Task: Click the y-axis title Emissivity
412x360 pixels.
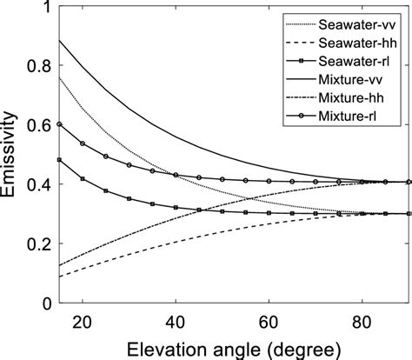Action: coord(12,157)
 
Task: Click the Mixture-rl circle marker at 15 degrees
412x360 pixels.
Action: coord(59,124)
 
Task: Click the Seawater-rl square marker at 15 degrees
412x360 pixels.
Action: coord(59,160)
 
